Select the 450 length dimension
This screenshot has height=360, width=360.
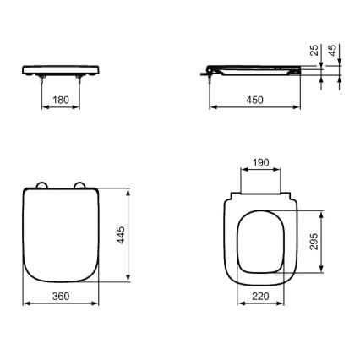(x=254, y=99)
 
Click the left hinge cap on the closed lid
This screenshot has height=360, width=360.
(x=43, y=187)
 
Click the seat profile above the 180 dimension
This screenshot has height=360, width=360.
(x=64, y=67)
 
